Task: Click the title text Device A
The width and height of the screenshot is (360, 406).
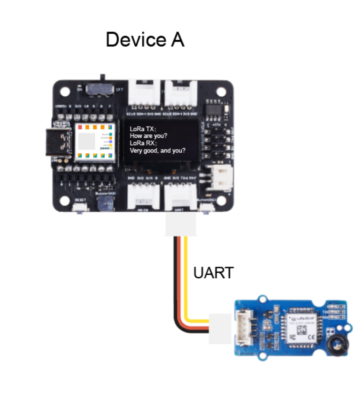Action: click(145, 40)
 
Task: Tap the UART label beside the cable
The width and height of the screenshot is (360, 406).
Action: click(213, 273)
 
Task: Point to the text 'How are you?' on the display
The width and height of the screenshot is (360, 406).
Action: click(148, 136)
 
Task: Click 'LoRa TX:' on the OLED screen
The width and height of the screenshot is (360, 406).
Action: click(143, 129)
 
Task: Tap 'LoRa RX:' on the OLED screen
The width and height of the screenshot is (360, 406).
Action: click(143, 143)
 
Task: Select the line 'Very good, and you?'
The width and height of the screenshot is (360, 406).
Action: click(158, 151)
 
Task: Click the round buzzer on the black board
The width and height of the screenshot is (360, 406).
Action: click(101, 203)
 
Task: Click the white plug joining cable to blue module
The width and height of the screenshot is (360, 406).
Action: click(221, 329)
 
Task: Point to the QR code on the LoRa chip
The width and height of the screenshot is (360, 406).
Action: click(301, 330)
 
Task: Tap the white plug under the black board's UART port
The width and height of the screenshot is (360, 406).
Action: click(180, 226)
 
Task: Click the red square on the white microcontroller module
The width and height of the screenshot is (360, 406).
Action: click(80, 127)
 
